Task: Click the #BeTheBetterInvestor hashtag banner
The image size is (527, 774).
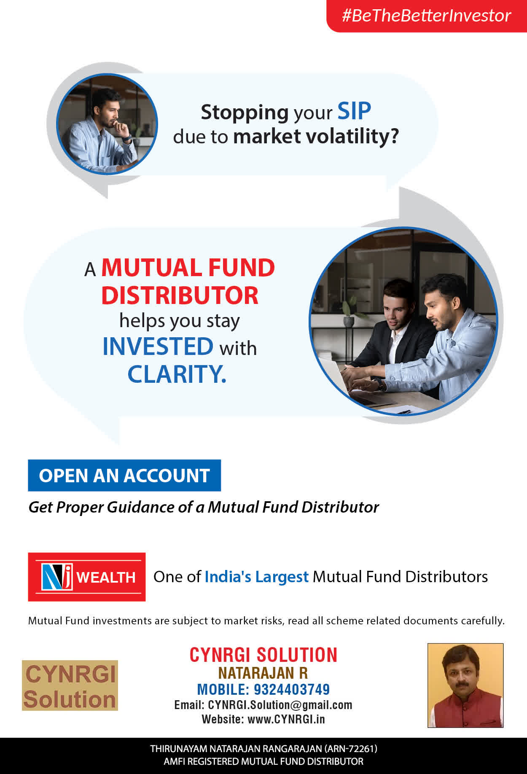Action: point(427,16)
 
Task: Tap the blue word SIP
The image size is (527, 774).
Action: point(354,111)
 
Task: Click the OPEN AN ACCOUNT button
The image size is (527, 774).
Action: point(124,476)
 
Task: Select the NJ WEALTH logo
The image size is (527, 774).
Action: point(87,577)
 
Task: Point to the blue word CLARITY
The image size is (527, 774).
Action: point(177,374)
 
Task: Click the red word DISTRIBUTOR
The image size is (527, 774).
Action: point(180,296)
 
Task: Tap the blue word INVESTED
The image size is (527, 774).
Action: point(158,347)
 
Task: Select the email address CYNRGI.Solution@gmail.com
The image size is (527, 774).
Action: point(280,705)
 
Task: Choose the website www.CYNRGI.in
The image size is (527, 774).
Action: point(286,719)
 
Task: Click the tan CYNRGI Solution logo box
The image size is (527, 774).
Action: point(70,685)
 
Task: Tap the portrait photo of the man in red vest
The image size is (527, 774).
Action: point(465,685)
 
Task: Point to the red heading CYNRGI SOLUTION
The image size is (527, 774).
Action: point(263,655)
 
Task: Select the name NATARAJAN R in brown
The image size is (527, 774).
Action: point(263,673)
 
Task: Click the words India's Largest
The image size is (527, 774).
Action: point(257,577)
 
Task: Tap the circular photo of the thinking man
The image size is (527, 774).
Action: point(107,124)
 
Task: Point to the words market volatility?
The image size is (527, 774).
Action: point(316,137)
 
